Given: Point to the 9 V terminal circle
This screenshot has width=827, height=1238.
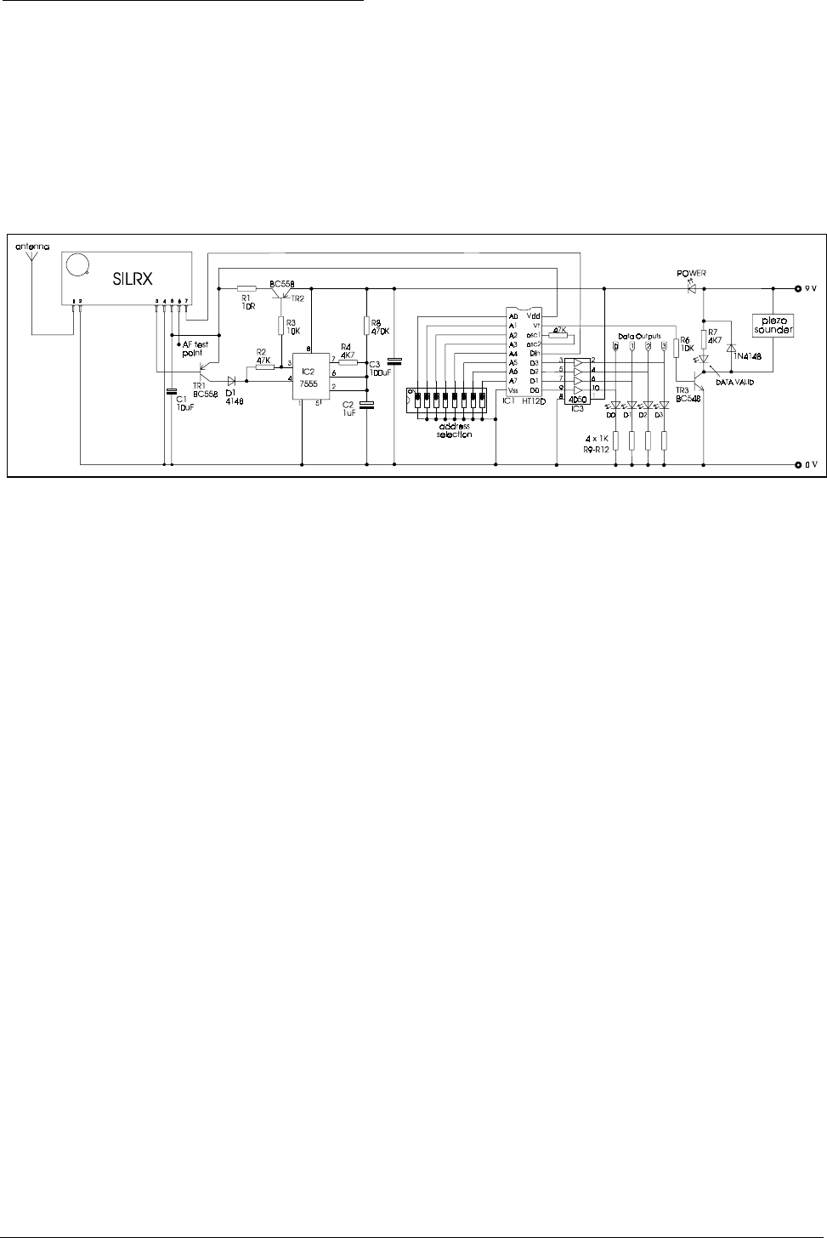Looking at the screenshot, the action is [x=797, y=287].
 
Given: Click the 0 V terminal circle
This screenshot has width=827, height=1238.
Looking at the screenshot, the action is [x=797, y=465].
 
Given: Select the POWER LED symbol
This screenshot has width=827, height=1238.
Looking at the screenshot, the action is [x=689, y=287].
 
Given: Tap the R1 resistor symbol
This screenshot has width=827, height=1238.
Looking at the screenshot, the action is [x=246, y=287].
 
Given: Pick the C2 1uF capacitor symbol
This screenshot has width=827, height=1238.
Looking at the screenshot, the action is [x=367, y=406].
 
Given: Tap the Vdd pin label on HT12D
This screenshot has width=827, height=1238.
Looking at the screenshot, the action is [x=534, y=315].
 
